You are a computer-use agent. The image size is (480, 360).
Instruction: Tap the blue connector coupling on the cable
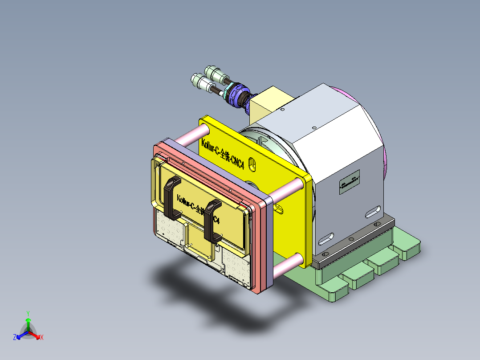click(x=236, y=94)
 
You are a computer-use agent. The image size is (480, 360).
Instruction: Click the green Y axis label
click(x=28, y=313)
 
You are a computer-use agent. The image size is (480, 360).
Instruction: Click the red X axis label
click(x=42, y=338)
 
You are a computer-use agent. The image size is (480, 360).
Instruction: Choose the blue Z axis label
click(x=15, y=338)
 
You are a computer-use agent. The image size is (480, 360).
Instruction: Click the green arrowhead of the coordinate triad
click(x=28, y=320)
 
